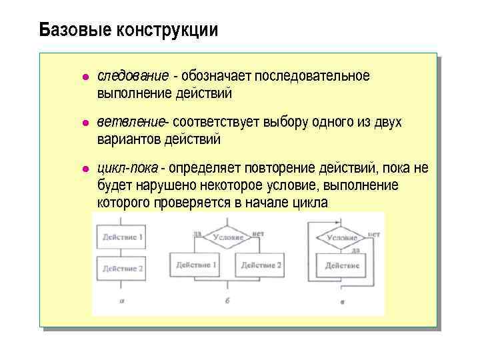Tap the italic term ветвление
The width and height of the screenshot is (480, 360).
tap(131, 123)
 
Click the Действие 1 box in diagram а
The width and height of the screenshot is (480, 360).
tap(122, 237)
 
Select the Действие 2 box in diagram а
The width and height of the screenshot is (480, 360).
tap(122, 269)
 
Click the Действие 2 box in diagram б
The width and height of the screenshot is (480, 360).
tap(261, 265)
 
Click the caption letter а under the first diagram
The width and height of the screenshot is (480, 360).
tap(122, 301)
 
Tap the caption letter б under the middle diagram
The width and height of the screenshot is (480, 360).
tap(227, 301)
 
